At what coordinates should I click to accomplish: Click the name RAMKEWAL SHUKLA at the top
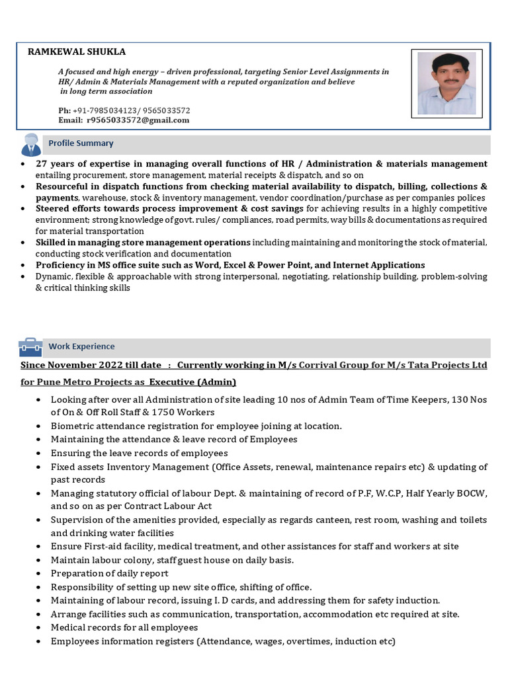[x=76, y=52]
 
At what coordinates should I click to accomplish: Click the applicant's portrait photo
[x=446, y=83]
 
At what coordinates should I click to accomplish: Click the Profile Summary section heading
[x=81, y=143]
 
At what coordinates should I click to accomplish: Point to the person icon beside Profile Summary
[x=31, y=144]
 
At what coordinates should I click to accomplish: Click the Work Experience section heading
[x=81, y=346]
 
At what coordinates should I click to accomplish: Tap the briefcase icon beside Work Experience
[x=30, y=346]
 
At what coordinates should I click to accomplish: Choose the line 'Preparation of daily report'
[x=110, y=573]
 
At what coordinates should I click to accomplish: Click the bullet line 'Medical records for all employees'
[x=124, y=627]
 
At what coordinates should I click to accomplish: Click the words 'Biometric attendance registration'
[x=122, y=426]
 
